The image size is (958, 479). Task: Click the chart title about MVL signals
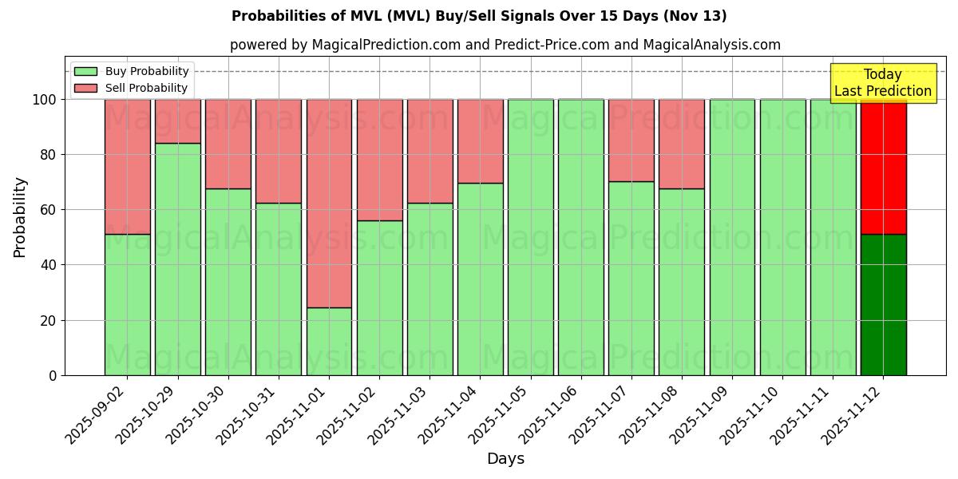(x=479, y=16)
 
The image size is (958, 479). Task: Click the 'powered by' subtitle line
(x=505, y=45)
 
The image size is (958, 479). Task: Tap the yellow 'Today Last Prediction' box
(x=882, y=83)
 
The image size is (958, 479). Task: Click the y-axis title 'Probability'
(x=20, y=217)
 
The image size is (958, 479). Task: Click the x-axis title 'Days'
(x=505, y=459)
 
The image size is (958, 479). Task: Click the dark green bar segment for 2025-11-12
(x=883, y=304)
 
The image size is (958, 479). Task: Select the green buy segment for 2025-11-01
(x=329, y=341)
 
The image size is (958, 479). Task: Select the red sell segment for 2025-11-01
(x=329, y=203)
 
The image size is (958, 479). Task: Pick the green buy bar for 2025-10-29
(x=177, y=259)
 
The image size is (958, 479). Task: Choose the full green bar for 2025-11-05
(x=530, y=237)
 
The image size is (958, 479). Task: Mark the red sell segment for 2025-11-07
(x=631, y=141)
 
